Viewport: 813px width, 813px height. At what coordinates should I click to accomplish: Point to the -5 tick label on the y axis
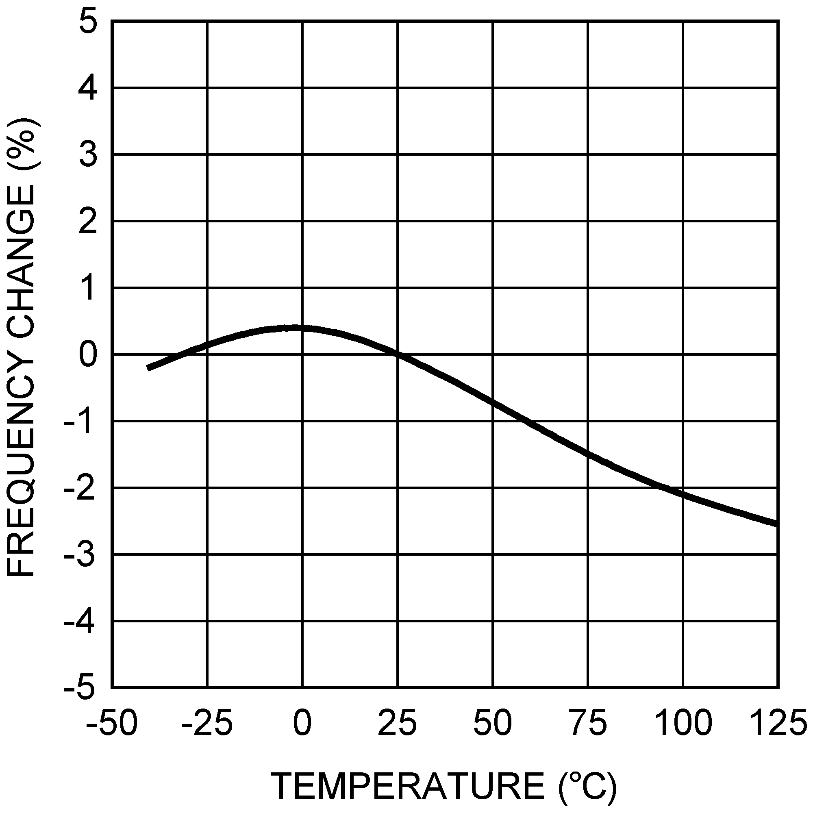pyautogui.click(x=79, y=688)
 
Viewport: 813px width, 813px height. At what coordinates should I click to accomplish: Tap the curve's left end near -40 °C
pyautogui.click(x=148, y=368)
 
